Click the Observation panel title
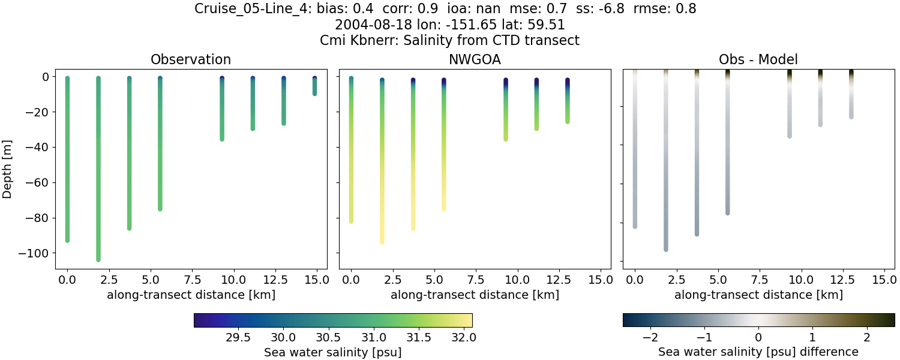click(x=191, y=59)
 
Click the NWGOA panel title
click(x=475, y=59)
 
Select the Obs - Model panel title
click(x=758, y=59)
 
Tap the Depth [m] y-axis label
click(x=8, y=169)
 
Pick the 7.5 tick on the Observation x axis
click(x=192, y=280)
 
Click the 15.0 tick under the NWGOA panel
click(x=600, y=280)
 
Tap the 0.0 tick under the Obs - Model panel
click(x=635, y=280)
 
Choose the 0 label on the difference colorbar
click(x=758, y=336)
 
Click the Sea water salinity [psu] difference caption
click(x=758, y=352)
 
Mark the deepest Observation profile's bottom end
click(x=98, y=259)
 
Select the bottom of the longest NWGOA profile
click(x=382, y=242)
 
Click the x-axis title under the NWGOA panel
click(x=475, y=295)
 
